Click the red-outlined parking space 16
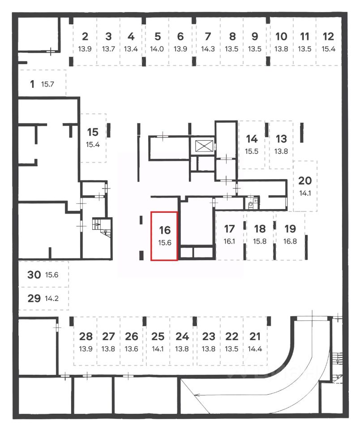(164, 236)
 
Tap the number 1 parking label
(32, 84)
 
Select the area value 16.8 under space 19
(290, 241)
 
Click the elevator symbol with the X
(203, 146)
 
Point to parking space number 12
(328, 37)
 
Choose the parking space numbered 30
(34, 275)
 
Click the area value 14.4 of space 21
(255, 349)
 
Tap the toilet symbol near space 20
(251, 206)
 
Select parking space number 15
(93, 132)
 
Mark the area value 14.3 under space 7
(207, 49)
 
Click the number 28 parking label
(86, 336)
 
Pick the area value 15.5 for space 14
(252, 151)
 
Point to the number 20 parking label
(304, 181)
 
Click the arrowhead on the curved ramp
(197, 395)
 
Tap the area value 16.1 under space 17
(229, 241)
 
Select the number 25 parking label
(158, 336)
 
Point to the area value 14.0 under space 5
(158, 49)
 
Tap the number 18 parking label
(260, 229)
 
